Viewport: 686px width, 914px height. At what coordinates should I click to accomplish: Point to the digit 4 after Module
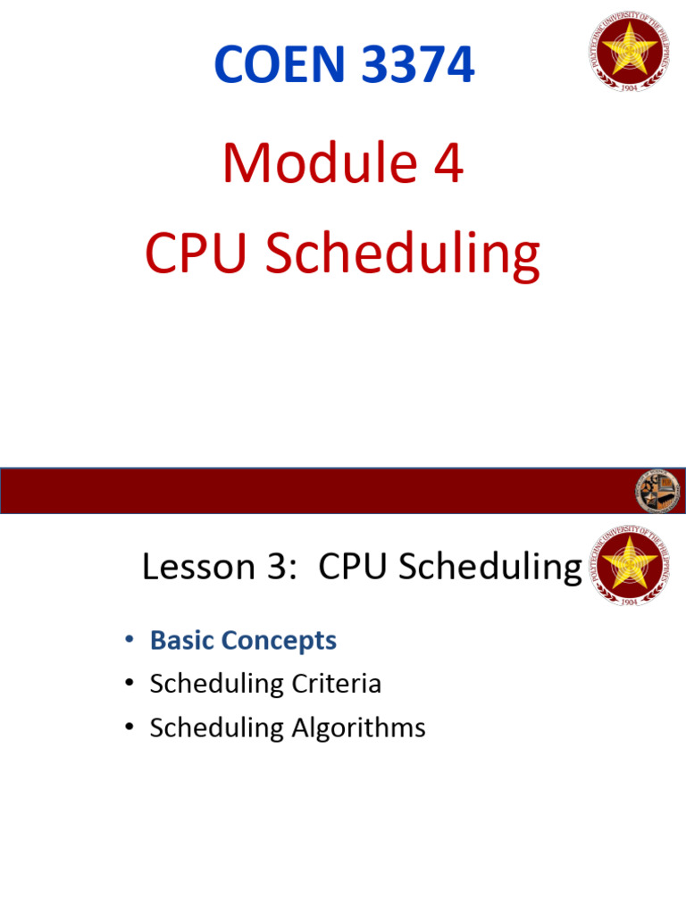(445, 164)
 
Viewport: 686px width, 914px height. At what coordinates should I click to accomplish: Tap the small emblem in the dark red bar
(657, 491)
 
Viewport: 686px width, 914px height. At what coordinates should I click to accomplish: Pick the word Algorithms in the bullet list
(358, 728)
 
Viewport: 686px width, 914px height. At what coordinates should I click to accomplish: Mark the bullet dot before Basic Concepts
(130, 641)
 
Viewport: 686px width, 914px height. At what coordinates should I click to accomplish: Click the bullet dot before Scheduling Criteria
(130, 685)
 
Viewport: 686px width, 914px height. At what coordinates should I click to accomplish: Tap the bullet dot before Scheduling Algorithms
(130, 728)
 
